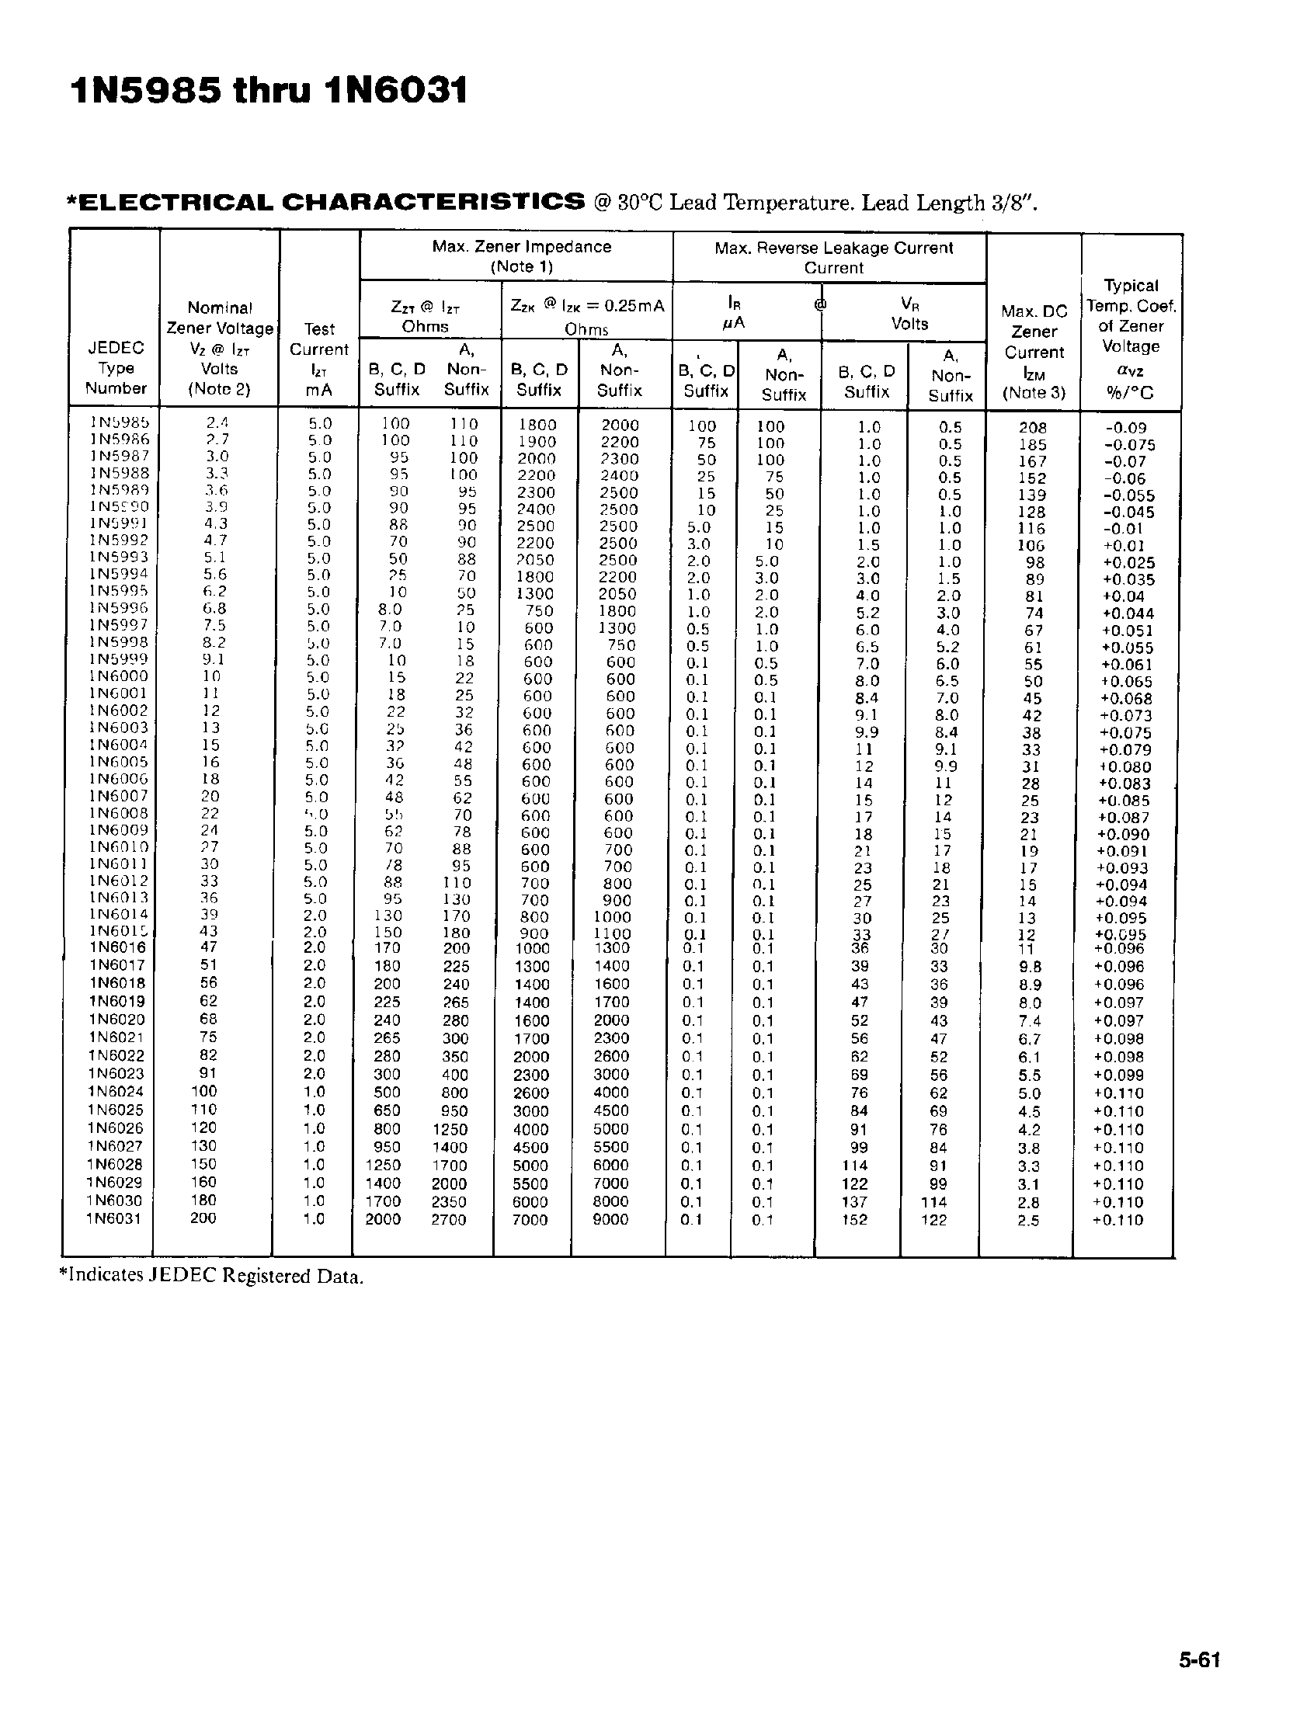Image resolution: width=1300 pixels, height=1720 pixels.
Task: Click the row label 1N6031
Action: (113, 1218)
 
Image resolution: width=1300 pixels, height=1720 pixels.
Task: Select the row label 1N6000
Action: (118, 676)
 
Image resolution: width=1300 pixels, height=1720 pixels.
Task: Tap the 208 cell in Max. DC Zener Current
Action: (1033, 428)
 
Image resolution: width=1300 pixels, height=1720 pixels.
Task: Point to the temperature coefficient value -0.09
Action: (1125, 428)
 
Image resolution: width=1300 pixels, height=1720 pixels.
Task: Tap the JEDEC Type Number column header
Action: (116, 368)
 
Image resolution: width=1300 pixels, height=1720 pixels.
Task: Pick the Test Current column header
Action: (318, 359)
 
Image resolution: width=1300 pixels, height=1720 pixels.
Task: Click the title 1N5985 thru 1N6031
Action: (269, 91)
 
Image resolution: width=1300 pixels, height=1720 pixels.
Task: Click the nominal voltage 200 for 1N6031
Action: (203, 1218)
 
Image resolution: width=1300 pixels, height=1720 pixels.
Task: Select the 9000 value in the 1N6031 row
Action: (610, 1219)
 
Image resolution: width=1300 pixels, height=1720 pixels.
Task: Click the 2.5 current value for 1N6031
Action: (1028, 1220)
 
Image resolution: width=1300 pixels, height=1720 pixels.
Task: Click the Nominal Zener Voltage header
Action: (219, 349)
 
